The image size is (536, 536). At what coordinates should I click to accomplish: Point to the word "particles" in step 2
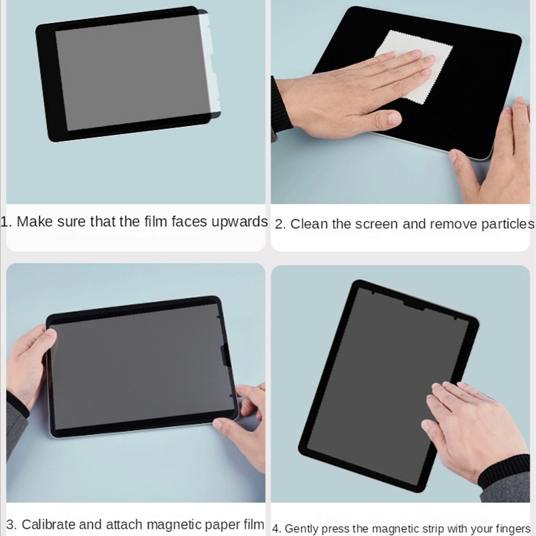508,225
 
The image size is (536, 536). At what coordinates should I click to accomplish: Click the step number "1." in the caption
6,222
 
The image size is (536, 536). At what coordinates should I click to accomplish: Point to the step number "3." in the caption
12,524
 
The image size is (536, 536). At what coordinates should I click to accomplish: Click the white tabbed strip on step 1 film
210,62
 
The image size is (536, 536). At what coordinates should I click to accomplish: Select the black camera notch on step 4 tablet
414,305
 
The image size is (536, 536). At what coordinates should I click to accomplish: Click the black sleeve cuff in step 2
280,104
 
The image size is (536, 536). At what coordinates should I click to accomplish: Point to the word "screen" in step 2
377,225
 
